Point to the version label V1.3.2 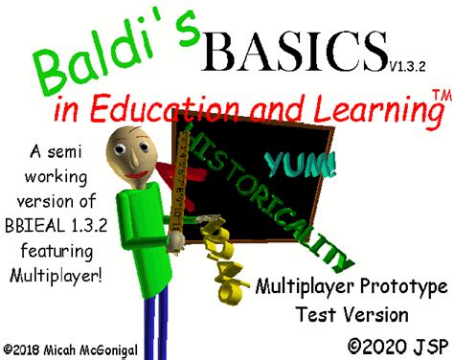click(x=410, y=66)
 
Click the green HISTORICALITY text click(x=278, y=191)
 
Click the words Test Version click(x=352, y=313)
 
